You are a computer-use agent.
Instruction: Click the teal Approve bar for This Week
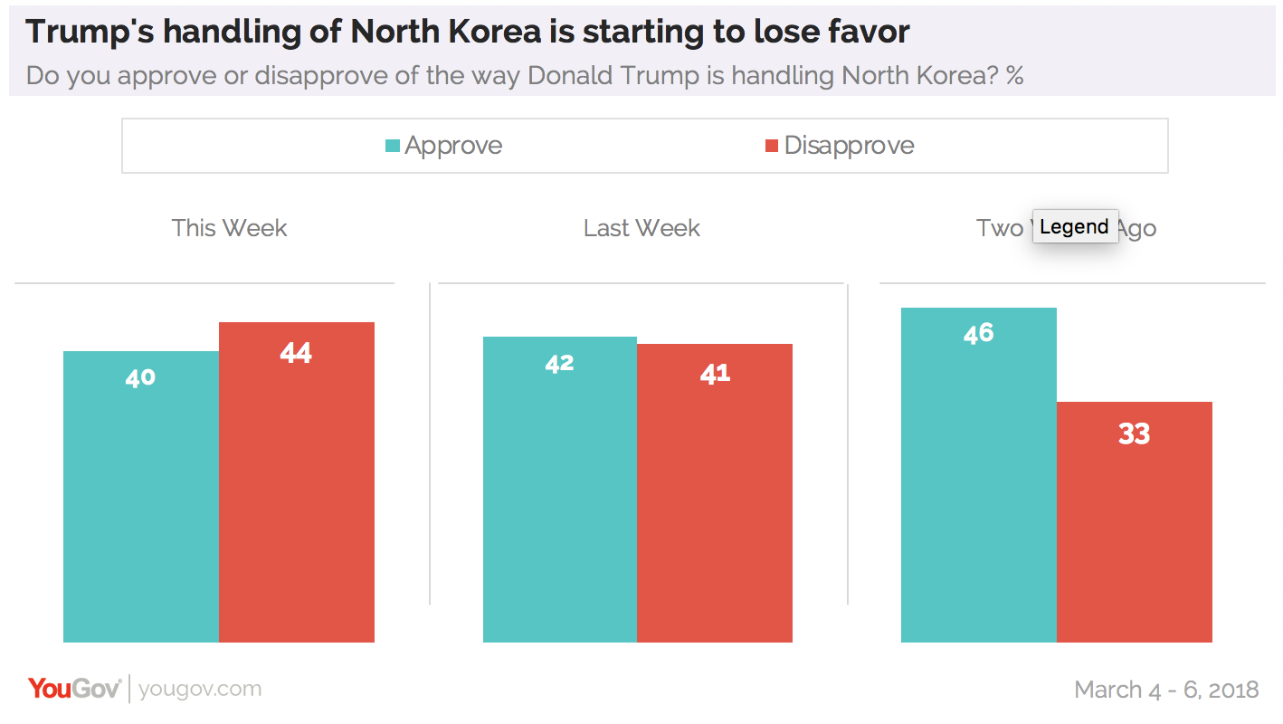[x=140, y=498]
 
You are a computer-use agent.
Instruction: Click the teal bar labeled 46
[x=979, y=475]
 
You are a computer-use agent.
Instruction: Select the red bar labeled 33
[x=1135, y=525]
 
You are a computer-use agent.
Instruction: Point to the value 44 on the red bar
[x=296, y=353]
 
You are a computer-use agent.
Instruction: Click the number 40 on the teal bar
[x=140, y=377]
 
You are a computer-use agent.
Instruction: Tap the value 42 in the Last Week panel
[x=560, y=364]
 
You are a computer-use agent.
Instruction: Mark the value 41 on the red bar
[x=715, y=374]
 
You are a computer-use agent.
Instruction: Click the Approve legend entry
[x=452, y=146]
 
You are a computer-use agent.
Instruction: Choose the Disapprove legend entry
[x=849, y=146]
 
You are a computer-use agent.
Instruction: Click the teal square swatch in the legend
[x=393, y=146]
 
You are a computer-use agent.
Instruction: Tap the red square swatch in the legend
[x=772, y=146]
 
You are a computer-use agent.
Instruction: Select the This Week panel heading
[x=229, y=228]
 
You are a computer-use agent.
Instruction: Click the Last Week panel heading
[x=641, y=228]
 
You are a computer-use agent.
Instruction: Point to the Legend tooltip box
[x=1075, y=226]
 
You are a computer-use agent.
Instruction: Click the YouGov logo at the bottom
[x=74, y=689]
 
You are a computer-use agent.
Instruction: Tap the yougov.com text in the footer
[x=200, y=689]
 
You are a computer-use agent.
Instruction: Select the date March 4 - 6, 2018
[x=1166, y=690]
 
